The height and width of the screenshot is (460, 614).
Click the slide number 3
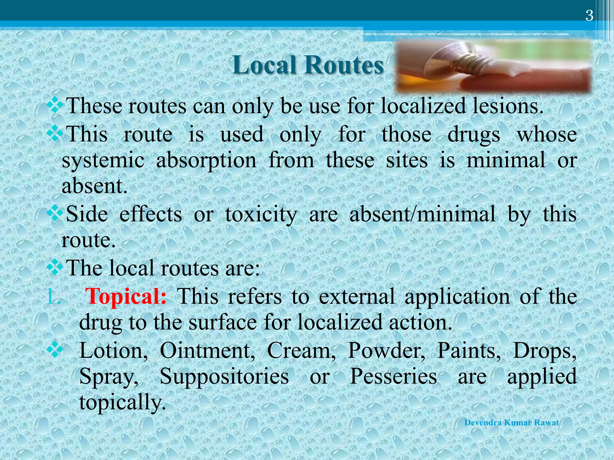589,16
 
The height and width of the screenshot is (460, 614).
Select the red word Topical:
126,296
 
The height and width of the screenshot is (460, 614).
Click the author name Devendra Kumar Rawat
512,423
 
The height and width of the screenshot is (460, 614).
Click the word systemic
103,160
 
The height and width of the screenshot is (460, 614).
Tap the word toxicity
261,214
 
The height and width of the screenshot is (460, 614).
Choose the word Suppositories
224,376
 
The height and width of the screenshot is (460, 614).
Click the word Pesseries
393,376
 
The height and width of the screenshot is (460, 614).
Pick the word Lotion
114,350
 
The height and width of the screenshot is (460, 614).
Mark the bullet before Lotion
55,349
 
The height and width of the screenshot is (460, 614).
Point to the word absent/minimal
423,214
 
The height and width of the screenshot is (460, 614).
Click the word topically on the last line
122,402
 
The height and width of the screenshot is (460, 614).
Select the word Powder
386,350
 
